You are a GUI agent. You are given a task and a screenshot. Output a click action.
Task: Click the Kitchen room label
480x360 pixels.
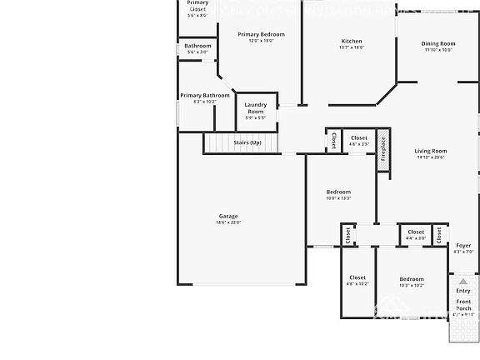(x=352, y=41)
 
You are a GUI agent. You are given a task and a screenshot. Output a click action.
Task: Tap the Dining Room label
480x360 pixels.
(x=437, y=43)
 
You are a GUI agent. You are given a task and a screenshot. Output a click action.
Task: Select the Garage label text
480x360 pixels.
(x=228, y=216)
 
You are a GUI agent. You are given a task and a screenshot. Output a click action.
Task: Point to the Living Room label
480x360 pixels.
(x=431, y=151)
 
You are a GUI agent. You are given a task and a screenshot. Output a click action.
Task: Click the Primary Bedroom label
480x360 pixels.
(x=261, y=34)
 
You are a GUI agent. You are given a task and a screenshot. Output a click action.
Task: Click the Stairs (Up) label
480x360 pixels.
(x=247, y=142)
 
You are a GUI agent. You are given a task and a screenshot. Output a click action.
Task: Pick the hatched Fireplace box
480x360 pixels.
(x=383, y=150)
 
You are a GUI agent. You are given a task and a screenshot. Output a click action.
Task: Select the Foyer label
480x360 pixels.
(x=463, y=246)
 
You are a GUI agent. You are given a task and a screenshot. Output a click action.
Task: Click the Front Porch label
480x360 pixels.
(x=463, y=304)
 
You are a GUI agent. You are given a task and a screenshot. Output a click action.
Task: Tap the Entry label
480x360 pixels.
(x=463, y=291)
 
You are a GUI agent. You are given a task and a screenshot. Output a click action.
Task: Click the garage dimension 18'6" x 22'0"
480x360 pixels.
(x=228, y=222)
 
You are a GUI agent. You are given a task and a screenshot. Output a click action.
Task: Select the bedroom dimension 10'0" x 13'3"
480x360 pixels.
(x=338, y=198)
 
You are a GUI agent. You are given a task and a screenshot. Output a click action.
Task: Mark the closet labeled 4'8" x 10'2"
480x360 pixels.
(x=357, y=283)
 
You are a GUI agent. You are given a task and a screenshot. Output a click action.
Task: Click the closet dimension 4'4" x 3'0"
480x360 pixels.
(x=416, y=238)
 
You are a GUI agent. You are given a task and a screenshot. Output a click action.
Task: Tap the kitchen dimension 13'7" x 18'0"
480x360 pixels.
(x=352, y=47)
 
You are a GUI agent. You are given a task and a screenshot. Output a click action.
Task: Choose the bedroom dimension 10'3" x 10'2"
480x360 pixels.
(x=412, y=286)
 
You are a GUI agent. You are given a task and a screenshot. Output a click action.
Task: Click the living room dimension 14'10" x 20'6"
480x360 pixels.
(x=431, y=157)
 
